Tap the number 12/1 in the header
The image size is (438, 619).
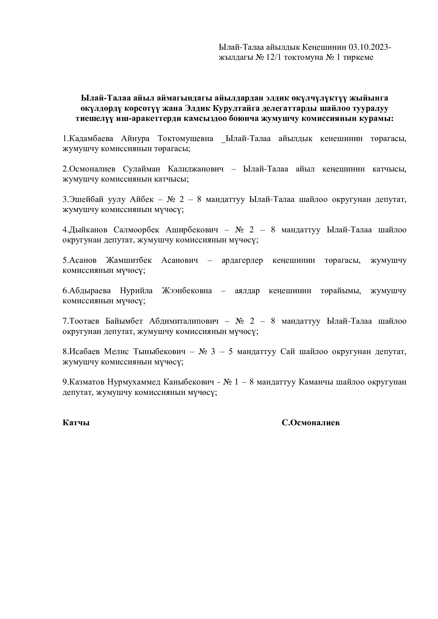coord(274,57)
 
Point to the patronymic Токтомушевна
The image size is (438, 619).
coord(185,139)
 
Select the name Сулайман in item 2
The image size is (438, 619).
coord(141,169)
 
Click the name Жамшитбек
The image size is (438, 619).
coord(129,260)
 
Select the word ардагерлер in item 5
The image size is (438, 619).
coord(242,260)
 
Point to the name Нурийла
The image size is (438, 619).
coord(136,291)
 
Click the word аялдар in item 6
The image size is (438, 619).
coord(247,291)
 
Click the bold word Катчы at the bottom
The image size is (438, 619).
coord(76,423)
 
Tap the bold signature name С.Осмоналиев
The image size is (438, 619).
coord(310,423)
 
